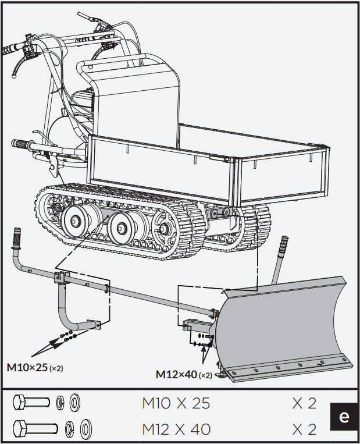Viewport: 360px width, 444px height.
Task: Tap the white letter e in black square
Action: click(x=344, y=417)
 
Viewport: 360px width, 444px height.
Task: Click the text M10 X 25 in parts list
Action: click(x=176, y=403)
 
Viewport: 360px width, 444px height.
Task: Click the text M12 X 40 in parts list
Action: click(x=176, y=429)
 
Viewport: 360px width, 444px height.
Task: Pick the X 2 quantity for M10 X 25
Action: click(x=304, y=403)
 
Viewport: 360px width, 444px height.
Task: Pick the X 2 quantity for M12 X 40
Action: click(x=304, y=429)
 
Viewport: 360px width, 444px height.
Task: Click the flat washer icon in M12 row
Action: click(x=85, y=429)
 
